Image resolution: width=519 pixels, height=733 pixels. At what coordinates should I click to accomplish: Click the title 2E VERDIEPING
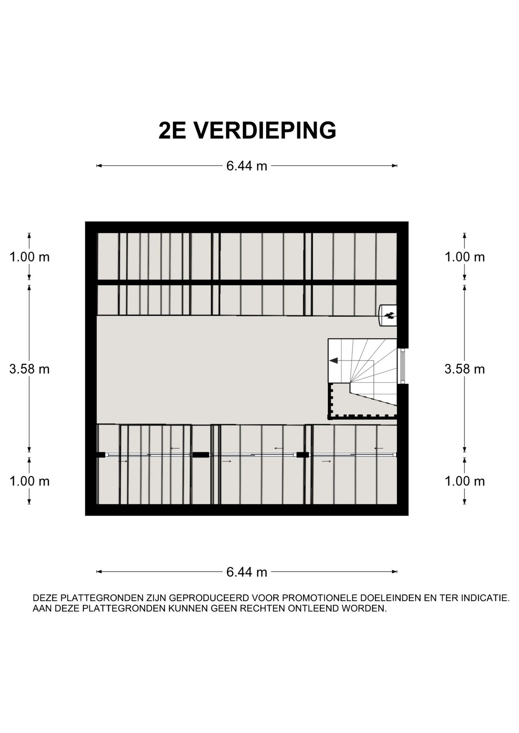247,131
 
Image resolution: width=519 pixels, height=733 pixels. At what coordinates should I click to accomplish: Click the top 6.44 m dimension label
247,166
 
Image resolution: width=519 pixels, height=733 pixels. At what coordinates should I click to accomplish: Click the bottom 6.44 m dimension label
247,572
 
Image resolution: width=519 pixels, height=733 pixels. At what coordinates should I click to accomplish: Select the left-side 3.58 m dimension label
29,369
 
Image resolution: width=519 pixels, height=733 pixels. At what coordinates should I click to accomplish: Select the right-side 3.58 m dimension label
464,369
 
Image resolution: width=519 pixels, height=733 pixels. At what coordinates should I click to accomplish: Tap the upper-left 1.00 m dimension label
29,257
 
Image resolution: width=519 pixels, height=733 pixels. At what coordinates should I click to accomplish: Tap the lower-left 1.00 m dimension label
29,481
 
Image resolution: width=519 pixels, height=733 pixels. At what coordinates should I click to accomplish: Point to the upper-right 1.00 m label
464,257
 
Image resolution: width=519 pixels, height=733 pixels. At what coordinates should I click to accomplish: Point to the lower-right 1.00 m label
464,481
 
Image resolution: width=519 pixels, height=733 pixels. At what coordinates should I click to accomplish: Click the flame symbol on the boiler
390,315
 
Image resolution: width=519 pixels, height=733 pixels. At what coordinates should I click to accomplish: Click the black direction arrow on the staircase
334,360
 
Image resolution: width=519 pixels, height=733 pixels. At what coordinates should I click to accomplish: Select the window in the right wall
402,366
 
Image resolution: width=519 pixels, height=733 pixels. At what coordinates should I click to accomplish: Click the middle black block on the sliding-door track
201,455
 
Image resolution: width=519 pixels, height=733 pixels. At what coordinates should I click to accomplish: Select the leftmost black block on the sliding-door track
101,455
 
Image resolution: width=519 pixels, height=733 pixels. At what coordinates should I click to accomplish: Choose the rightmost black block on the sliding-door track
302,455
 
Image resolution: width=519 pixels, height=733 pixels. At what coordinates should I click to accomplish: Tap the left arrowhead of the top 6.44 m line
99,166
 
